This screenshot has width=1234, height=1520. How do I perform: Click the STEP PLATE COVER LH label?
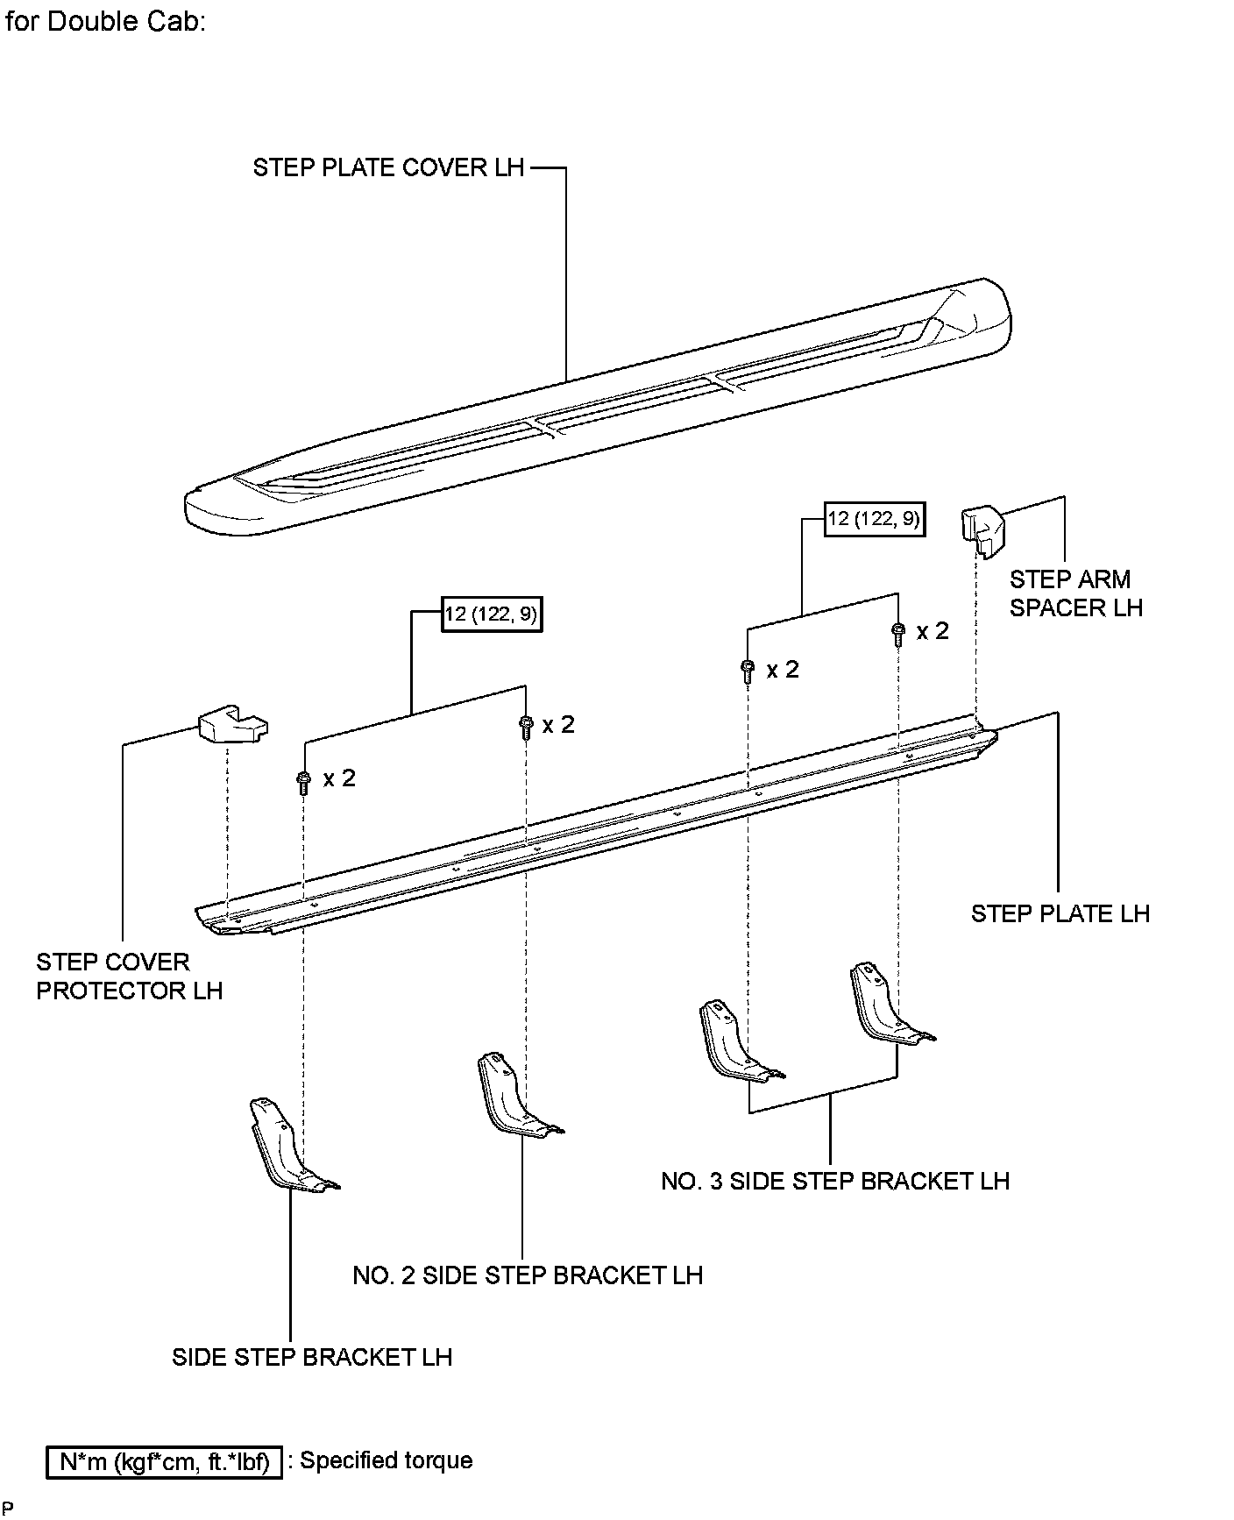pos(388,167)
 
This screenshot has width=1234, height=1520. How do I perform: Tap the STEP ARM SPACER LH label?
pos(1075,593)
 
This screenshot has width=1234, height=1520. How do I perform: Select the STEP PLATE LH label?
pos(1060,913)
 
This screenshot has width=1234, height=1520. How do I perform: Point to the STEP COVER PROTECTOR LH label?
pos(129,977)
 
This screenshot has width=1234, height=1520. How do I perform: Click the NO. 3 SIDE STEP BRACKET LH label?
pos(834,1181)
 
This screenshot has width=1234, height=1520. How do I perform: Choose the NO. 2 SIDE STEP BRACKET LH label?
pos(527,1275)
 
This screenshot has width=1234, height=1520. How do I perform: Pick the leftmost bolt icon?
pos(302,783)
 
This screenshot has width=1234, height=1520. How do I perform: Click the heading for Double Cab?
pos(105,22)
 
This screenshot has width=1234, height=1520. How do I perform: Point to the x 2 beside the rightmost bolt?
pos(933,631)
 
